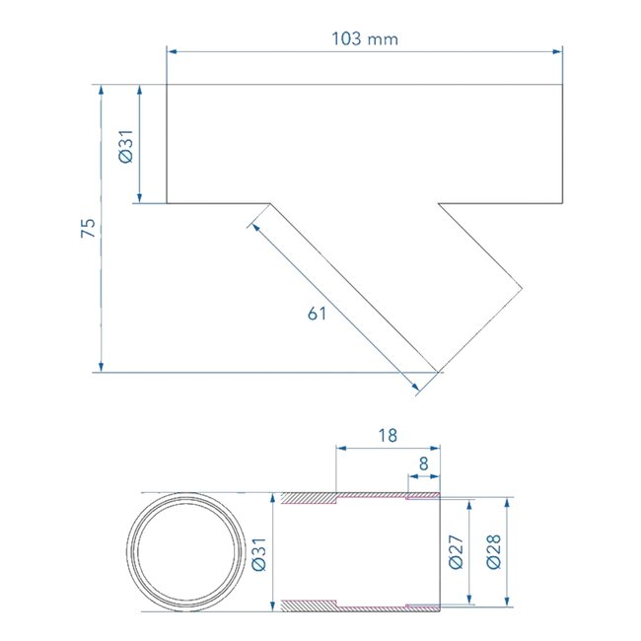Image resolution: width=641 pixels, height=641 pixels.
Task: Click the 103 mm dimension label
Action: pos(365,38)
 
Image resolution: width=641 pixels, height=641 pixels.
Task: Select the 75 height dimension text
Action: pos(88,228)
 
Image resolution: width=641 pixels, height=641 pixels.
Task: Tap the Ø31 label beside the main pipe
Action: pos(125,145)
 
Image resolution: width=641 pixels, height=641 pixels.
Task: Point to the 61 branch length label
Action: pos(317,314)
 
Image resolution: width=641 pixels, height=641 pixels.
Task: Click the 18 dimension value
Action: pos(388,433)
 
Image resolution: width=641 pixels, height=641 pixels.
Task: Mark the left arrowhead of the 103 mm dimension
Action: pos(172,51)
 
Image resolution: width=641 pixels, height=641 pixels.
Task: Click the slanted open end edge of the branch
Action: pos(479,331)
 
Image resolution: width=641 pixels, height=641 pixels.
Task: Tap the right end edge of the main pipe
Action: pos(562,144)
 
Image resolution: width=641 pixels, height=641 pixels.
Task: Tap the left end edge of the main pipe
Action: pos(167,144)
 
